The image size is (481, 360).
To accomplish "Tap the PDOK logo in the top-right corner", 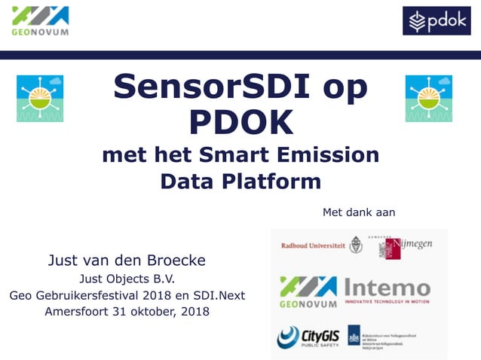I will coord(437,21).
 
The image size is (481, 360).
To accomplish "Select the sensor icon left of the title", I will coord(40,99).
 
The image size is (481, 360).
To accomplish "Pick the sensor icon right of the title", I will coord(428,99).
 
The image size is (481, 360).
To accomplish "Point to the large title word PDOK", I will coord(240,121).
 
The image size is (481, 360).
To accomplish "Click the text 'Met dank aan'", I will coord(359,212).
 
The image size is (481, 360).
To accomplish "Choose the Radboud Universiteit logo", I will coord(321,246).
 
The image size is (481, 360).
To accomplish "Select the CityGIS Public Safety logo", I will coord(308,337).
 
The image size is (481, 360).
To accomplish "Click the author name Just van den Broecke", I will coord(127,261).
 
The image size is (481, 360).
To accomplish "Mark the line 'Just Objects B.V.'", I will coord(127,279).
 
